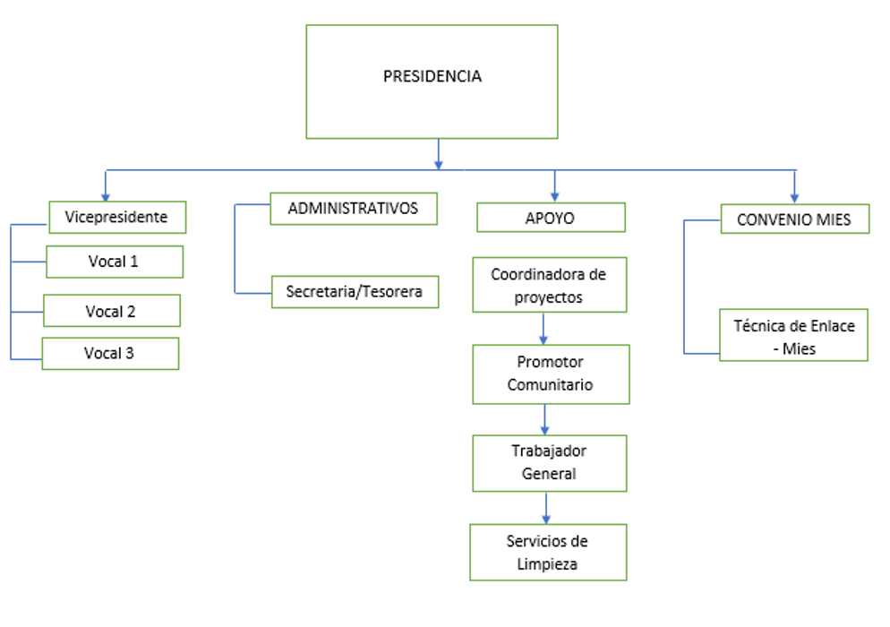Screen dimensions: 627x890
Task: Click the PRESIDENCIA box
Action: (432, 81)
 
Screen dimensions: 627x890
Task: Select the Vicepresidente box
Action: (117, 217)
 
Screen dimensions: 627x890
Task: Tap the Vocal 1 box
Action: (114, 262)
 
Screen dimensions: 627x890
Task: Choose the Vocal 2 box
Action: (111, 311)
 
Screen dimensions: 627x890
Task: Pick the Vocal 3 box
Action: (110, 353)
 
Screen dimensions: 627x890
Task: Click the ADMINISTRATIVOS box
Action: (353, 209)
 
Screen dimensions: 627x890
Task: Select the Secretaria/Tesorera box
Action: (355, 292)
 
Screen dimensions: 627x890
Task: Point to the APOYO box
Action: (550, 218)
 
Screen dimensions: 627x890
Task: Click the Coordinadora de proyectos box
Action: (549, 286)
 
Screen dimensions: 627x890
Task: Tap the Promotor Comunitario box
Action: (550, 374)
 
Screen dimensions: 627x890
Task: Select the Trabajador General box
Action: (549, 462)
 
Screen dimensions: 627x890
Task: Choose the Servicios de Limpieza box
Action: (548, 552)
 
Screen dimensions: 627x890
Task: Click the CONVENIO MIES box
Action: (794, 219)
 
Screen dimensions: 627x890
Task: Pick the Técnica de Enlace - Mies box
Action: (793, 336)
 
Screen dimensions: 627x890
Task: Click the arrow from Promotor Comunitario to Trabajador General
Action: (544, 418)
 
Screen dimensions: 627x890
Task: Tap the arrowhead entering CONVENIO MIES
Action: (794, 196)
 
